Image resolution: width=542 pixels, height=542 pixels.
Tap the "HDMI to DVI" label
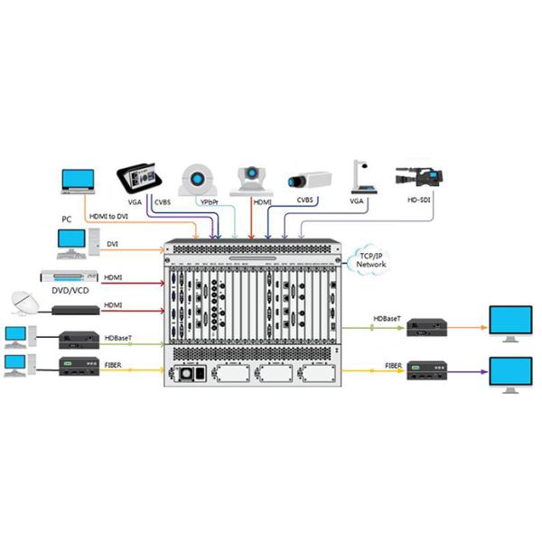(x=108, y=217)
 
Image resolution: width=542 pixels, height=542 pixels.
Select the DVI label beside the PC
(x=113, y=243)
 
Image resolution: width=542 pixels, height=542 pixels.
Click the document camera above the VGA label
(x=358, y=176)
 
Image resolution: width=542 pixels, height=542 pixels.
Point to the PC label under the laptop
(x=66, y=220)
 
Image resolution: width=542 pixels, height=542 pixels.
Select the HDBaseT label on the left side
(x=118, y=338)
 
